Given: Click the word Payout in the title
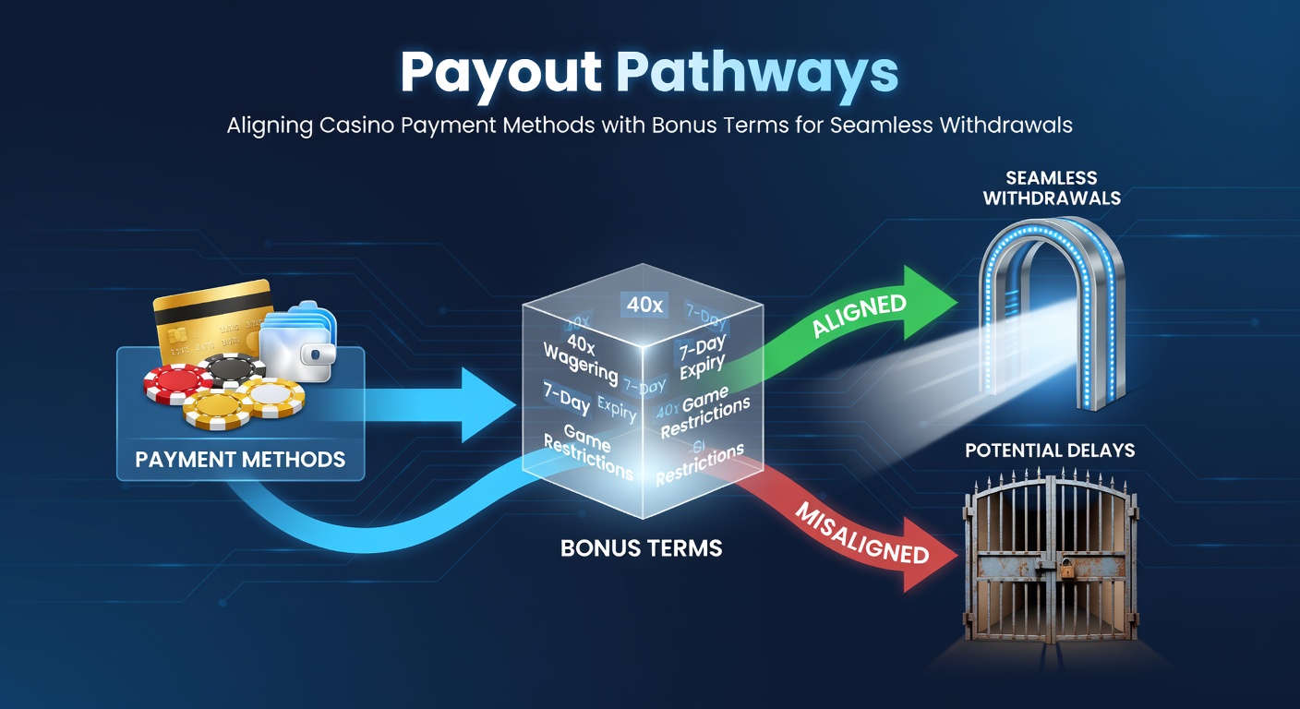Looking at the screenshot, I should coord(500,72).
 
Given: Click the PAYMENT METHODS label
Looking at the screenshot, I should coord(240,459).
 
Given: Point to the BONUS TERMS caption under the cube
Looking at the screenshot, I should coord(641,547).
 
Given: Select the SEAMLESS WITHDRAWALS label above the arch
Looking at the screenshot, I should coord(1052,187).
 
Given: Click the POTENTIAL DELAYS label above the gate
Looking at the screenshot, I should coord(1050,451).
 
